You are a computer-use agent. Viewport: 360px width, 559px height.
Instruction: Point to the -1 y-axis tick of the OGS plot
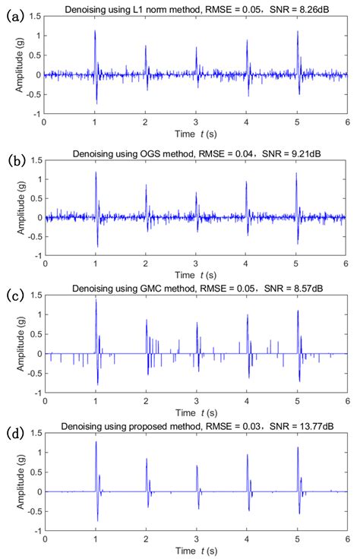(x=37, y=254)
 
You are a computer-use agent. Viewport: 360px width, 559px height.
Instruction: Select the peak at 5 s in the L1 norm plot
(x=297, y=32)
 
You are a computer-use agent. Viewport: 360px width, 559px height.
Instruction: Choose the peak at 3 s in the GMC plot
(x=197, y=324)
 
